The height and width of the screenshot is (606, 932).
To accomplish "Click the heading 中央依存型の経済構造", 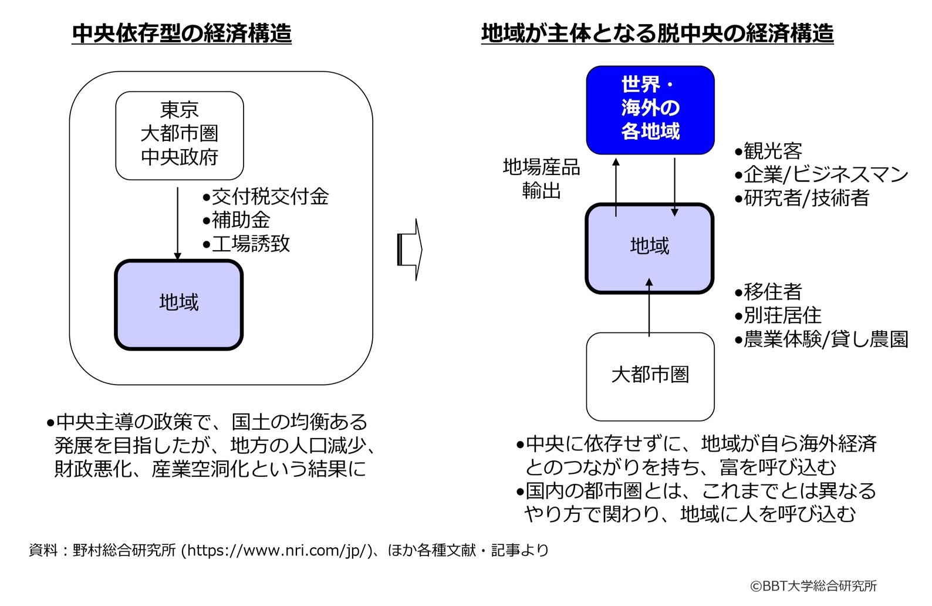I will [182, 33].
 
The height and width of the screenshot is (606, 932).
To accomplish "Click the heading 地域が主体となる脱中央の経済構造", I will [657, 33].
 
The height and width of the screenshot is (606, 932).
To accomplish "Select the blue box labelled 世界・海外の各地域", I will [650, 110].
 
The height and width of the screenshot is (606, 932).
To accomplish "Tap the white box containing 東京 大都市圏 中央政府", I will [180, 135].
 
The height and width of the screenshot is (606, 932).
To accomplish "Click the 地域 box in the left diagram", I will [179, 304].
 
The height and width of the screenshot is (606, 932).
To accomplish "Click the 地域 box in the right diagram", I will [650, 248].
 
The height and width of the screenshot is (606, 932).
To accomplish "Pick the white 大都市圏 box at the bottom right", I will [650, 376].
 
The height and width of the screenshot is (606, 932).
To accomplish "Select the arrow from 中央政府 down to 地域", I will [177, 223].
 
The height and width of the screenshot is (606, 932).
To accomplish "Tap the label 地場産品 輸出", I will [541, 179].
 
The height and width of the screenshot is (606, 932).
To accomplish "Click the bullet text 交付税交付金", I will [270, 197].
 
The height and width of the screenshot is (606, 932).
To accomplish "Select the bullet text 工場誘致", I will [251, 244].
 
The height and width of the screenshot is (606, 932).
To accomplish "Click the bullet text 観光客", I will [772, 151].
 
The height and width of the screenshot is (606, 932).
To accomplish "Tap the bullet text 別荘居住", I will [782, 315].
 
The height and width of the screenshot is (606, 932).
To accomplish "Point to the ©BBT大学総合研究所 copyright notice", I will [813, 586].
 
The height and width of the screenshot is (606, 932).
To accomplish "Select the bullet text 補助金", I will [241, 220].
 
